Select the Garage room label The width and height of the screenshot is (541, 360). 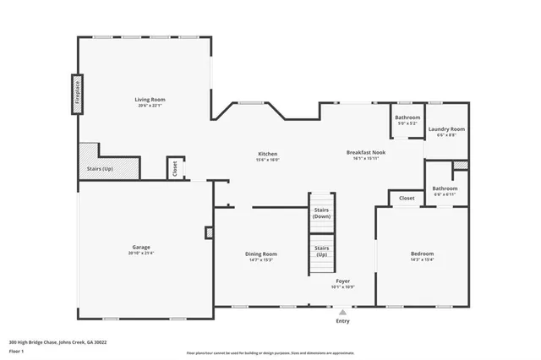point(140,247)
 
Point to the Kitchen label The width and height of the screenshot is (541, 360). point(268,153)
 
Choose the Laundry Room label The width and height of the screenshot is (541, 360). point(446,128)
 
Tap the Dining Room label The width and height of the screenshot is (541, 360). point(261,254)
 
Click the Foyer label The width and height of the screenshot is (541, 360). point(342,280)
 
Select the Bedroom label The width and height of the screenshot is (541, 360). point(422,254)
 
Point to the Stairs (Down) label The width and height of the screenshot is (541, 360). point(321,212)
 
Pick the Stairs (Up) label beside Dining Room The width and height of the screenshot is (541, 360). point(321,251)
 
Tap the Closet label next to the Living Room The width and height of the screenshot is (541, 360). point(174,169)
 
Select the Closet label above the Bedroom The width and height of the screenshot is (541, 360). point(407,198)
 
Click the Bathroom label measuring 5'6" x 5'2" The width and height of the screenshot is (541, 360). point(407,117)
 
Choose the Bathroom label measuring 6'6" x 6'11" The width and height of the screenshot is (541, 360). point(445,188)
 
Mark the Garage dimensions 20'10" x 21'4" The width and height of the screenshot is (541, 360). point(140,253)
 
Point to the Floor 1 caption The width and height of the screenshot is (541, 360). point(16,352)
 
